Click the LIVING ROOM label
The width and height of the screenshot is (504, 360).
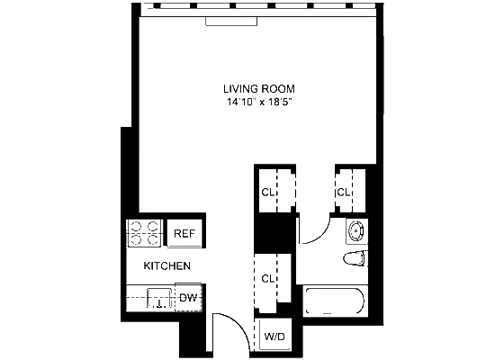click(x=259, y=89)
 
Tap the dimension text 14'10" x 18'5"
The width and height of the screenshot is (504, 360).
click(x=259, y=103)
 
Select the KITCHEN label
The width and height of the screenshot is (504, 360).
click(x=166, y=265)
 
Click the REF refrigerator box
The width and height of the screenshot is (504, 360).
click(x=184, y=233)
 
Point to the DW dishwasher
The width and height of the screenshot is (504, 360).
click(x=188, y=297)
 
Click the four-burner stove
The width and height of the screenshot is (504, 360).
click(x=144, y=233)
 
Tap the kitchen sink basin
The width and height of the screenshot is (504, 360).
click(x=160, y=298)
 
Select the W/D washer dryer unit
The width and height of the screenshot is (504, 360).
click(x=274, y=336)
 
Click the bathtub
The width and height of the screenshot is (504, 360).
click(x=334, y=301)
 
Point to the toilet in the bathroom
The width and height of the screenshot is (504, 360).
click(x=355, y=259)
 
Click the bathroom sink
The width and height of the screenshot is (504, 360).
click(x=356, y=230)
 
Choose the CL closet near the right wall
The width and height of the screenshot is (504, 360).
click(x=350, y=192)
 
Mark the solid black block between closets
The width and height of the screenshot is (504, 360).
click(x=274, y=233)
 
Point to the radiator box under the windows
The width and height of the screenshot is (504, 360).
click(x=231, y=22)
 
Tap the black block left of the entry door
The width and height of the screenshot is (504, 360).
click(x=193, y=337)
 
